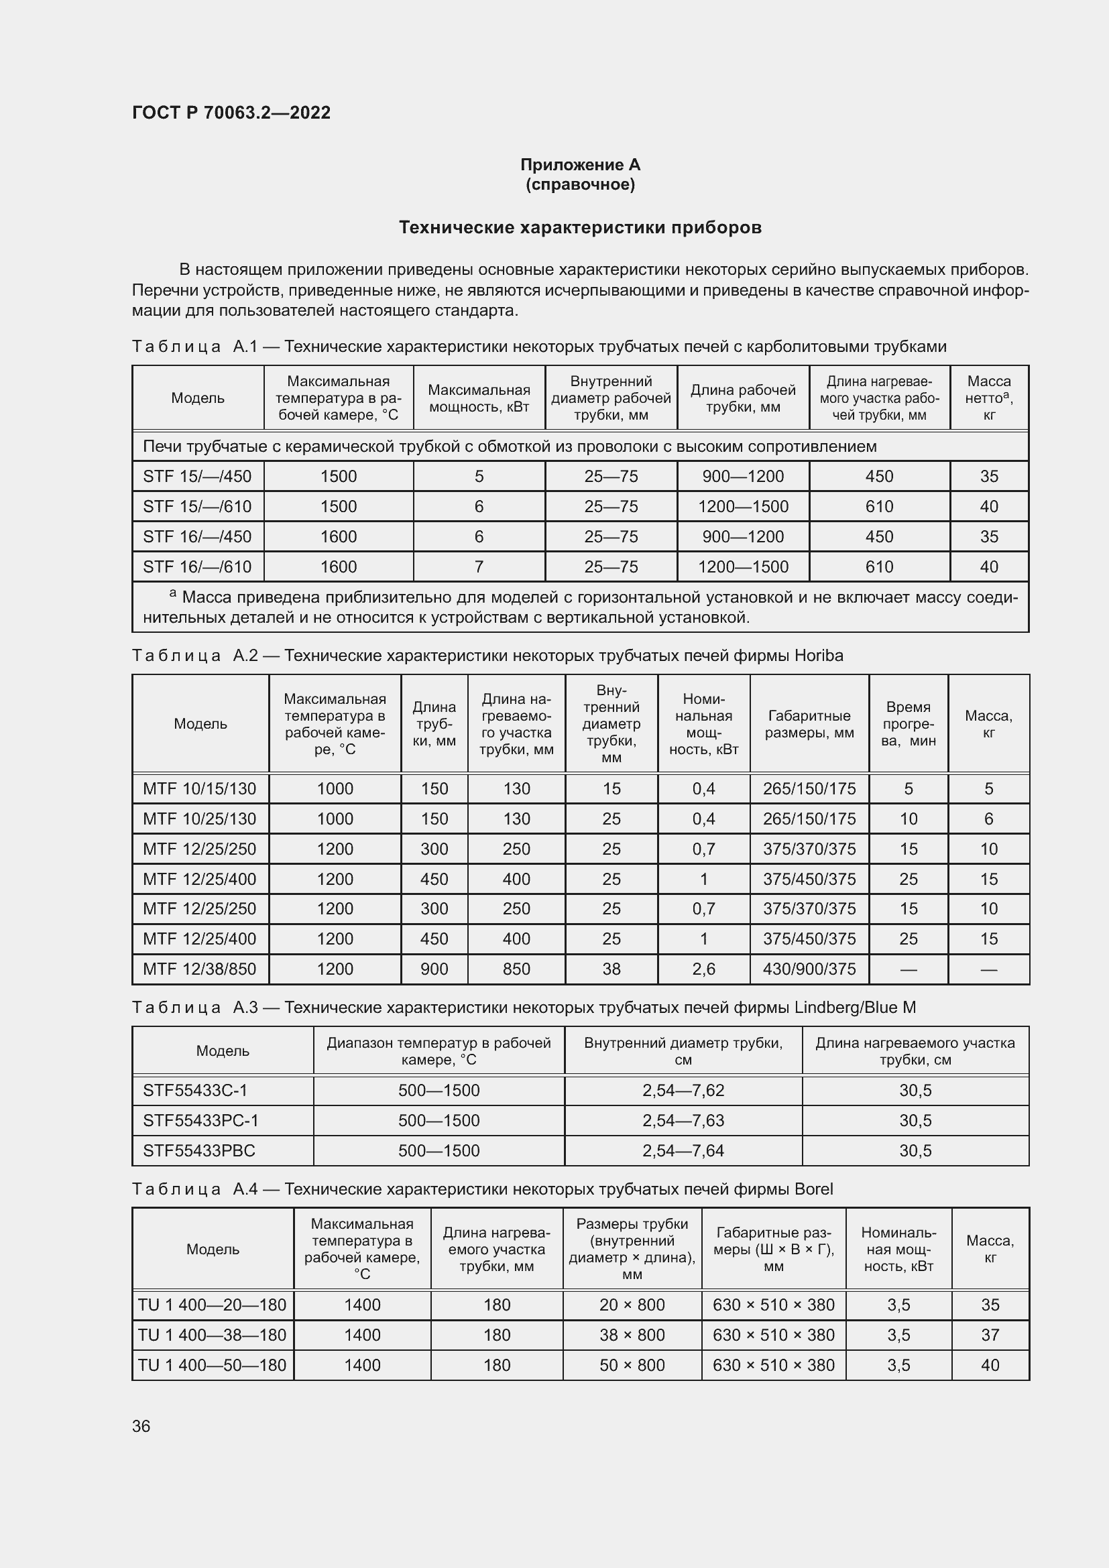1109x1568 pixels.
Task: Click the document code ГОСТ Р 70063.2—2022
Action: [x=231, y=113]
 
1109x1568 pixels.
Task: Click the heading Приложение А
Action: [x=580, y=165]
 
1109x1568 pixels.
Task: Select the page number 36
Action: [x=141, y=1426]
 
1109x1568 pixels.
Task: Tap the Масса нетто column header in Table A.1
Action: [x=988, y=398]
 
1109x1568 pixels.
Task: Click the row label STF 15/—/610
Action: [x=197, y=506]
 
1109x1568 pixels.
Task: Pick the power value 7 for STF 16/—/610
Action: [x=479, y=566]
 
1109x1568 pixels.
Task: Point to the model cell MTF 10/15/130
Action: [x=199, y=789]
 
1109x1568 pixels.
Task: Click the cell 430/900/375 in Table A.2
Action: [x=809, y=969]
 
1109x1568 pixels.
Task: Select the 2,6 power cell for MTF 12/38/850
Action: [x=703, y=969]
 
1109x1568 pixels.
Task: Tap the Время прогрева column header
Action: [x=908, y=724]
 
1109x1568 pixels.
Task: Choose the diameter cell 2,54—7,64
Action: [x=683, y=1151]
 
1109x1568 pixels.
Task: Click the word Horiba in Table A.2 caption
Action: [x=819, y=656]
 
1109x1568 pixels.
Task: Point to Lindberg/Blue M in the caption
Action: [x=855, y=1008]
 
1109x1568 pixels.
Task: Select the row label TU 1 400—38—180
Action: [x=213, y=1335]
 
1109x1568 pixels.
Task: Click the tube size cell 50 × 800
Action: [x=632, y=1365]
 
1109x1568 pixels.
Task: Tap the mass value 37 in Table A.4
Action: [x=990, y=1335]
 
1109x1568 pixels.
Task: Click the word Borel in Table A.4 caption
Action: [x=814, y=1189]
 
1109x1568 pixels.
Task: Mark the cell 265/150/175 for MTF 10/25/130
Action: [x=809, y=819]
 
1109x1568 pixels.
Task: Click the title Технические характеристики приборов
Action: [x=580, y=227]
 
